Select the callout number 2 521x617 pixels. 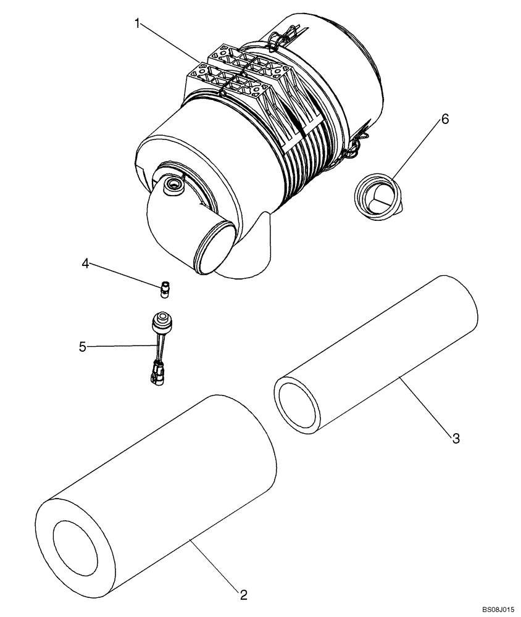(243, 595)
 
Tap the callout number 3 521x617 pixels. (456, 438)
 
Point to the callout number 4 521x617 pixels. (86, 264)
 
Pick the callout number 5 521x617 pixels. (82, 347)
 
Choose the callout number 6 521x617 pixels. (444, 119)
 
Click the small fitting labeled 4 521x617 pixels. (165, 288)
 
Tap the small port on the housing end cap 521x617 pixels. (172, 185)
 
